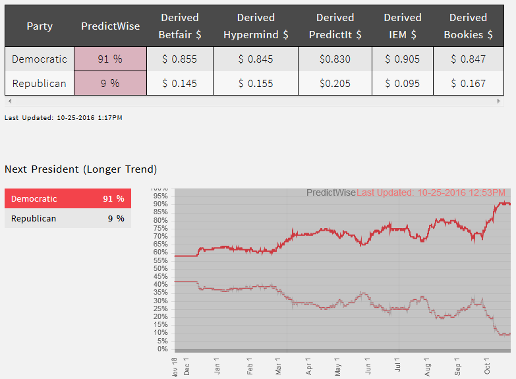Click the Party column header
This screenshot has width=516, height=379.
pos(40,26)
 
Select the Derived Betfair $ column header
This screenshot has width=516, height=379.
pos(179,26)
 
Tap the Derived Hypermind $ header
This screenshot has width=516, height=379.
pos(256,26)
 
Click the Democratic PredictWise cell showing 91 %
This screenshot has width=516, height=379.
pos(110,59)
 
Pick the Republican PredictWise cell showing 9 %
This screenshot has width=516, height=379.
pos(110,84)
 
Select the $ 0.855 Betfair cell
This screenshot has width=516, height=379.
pos(179,59)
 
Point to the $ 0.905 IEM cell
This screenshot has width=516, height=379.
pos(403,59)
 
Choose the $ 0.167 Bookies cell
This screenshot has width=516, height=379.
pos(468,84)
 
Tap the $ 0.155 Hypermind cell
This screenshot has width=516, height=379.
pos(256,84)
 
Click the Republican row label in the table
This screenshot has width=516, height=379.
pos(40,84)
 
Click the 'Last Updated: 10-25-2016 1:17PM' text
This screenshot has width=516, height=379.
pos(63,117)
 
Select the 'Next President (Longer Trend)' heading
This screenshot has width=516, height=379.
pos(80,169)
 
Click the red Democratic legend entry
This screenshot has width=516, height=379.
pos(67,199)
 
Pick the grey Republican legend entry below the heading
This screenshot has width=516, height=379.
pos(67,219)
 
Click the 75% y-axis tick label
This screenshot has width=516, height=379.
pos(159,228)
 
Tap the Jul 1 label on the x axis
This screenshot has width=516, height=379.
pos(397,366)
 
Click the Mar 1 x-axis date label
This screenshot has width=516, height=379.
pos(279,366)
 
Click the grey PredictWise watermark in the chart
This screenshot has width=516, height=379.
pos(331,192)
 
